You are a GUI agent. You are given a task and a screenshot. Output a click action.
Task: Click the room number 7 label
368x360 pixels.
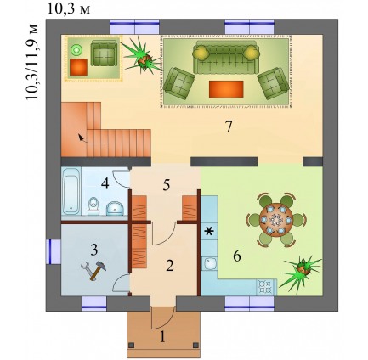coord(229,127)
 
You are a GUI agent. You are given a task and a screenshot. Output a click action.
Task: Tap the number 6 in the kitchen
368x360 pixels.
coord(237,256)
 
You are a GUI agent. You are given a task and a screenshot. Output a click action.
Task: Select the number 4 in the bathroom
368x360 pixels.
coord(105,184)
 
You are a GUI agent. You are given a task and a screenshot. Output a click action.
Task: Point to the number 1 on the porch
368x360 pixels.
coord(162,337)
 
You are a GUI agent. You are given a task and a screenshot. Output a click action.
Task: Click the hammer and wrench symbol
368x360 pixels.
coord(93,270)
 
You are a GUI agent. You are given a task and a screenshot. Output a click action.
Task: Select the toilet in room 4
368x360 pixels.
coord(93,206)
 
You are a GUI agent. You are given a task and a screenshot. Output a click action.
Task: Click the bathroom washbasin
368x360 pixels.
coord(115,209)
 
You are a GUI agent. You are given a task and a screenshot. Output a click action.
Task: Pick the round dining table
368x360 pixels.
coord(276,220)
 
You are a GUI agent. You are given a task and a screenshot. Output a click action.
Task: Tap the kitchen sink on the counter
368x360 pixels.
coord(210,263)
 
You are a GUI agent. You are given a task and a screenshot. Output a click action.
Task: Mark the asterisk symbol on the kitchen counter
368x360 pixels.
coord(208,232)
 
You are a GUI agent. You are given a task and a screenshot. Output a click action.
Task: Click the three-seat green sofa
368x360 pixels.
coord(226,57)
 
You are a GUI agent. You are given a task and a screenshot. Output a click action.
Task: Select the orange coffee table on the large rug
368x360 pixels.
coord(226,89)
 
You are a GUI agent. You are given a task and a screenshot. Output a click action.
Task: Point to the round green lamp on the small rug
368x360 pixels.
coord(76,50)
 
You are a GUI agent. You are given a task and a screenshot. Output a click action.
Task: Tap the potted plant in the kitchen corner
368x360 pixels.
coord(303,271)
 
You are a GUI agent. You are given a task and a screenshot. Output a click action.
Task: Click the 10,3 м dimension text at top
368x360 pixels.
coord(68,9)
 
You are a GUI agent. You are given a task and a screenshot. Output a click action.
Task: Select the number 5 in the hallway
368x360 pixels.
coord(167,185)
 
